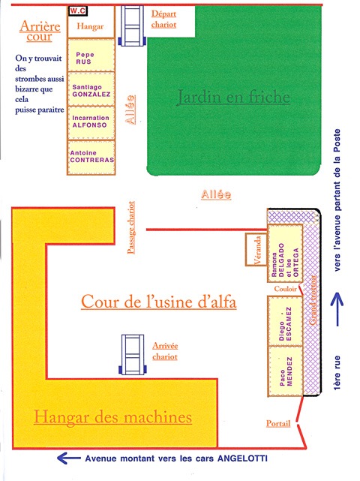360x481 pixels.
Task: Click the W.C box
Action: click(x=78, y=11)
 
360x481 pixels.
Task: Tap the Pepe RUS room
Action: click(x=91, y=56)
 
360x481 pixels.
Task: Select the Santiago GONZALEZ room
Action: click(x=91, y=89)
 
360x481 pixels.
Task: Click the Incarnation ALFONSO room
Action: click(x=91, y=123)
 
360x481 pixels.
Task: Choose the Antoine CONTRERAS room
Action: click(x=91, y=158)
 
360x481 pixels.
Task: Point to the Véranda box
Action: click(x=256, y=249)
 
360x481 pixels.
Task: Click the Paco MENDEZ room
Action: click(x=285, y=371)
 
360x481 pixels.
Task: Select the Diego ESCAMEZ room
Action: click(x=285, y=320)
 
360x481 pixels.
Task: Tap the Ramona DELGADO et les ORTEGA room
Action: click(x=285, y=254)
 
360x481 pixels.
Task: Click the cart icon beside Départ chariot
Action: click(x=132, y=26)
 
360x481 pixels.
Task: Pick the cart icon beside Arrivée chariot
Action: click(x=133, y=354)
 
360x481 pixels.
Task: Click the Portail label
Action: click(x=278, y=424)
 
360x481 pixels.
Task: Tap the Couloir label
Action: click(x=286, y=289)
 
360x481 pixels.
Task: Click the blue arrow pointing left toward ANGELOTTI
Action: click(x=69, y=458)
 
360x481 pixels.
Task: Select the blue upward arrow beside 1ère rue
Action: click(x=337, y=309)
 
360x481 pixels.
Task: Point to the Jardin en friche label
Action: click(x=233, y=97)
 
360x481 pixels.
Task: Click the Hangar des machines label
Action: click(x=112, y=417)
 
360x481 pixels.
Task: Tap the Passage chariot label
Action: click(x=131, y=227)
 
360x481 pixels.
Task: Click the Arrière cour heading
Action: click(x=40, y=31)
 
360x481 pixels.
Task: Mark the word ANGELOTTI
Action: click(x=242, y=458)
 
